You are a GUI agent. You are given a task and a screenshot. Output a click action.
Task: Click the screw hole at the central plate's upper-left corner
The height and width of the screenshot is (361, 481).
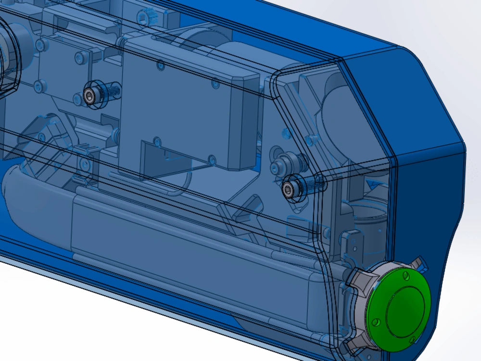(160, 64)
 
